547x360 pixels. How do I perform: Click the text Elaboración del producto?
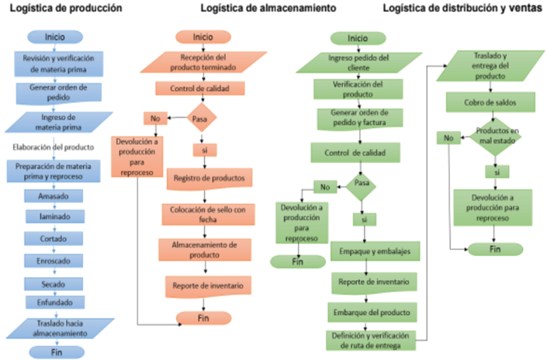click(53, 147)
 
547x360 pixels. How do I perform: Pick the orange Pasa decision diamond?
click(201, 119)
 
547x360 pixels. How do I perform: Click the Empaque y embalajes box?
click(375, 251)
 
